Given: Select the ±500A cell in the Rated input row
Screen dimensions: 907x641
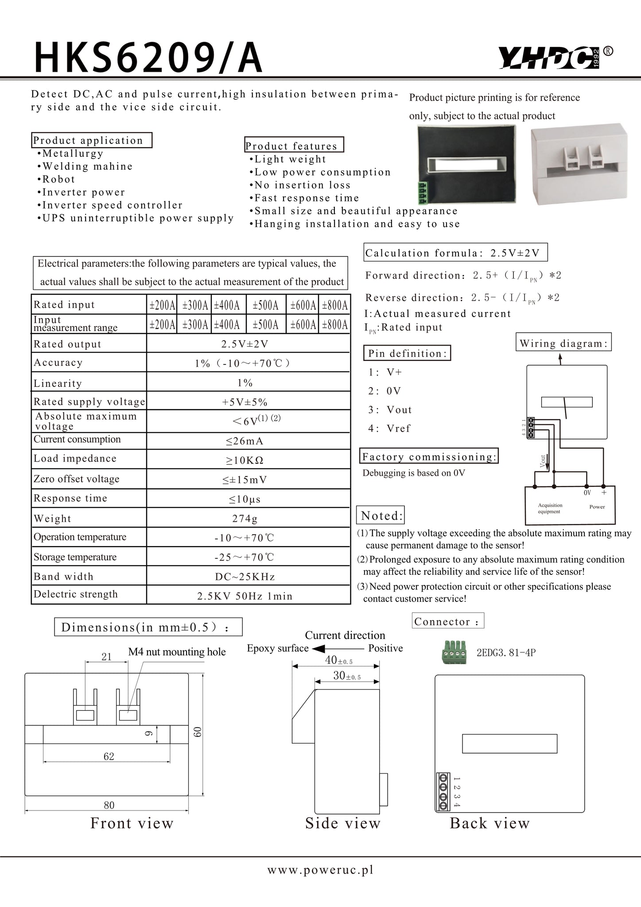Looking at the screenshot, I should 265,305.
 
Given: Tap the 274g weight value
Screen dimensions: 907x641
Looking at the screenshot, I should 245,518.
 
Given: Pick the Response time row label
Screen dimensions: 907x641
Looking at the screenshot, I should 70,498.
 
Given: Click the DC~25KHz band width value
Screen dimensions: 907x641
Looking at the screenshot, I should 245,577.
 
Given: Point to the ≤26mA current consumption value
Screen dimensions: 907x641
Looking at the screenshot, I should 245,441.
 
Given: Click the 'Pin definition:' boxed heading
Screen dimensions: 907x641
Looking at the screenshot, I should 407,353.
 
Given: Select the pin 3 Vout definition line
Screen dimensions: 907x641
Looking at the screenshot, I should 390,410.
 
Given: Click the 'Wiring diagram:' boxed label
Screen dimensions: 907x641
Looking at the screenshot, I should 563,343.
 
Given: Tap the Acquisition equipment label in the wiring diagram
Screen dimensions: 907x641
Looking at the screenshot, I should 550,508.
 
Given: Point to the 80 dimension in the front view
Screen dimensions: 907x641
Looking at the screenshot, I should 109,805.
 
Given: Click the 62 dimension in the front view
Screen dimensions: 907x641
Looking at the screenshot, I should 109,756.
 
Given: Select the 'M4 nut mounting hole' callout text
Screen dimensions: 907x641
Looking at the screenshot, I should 177,652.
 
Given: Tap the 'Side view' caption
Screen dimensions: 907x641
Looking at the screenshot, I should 343,823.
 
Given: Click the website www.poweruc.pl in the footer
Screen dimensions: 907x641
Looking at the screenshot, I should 320,870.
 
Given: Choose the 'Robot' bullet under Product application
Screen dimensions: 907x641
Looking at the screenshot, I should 58,179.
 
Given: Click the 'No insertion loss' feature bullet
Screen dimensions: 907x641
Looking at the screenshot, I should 302,185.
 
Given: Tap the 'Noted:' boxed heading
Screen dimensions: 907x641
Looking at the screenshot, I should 381,516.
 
